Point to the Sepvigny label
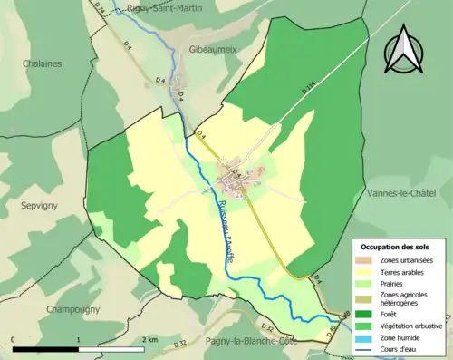point(39,206)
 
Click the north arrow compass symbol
point(404,50)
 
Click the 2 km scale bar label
point(150,338)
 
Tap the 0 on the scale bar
point(14,338)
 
